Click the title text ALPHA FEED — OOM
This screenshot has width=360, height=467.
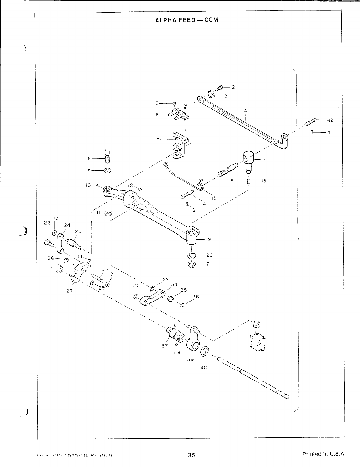[186, 20]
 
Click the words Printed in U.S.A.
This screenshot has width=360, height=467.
[324, 454]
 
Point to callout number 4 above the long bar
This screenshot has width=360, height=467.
[245, 111]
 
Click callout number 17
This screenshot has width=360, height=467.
[263, 160]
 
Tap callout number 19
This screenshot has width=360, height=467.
[208, 239]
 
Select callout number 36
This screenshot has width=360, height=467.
[196, 297]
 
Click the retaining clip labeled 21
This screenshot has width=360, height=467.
[191, 264]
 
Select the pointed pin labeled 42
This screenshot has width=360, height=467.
[310, 121]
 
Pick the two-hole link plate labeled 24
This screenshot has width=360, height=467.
[60, 243]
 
